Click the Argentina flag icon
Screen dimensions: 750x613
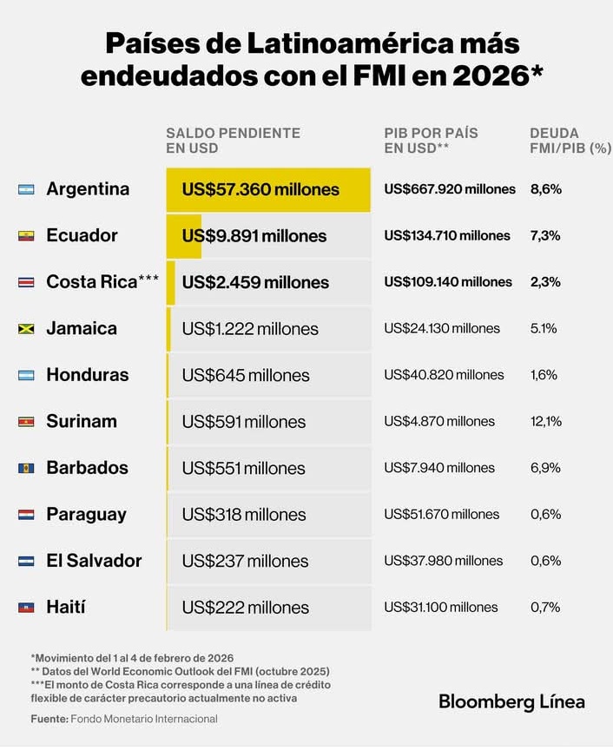pyautogui.click(x=26, y=189)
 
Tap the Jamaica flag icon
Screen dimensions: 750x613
pyautogui.click(x=26, y=329)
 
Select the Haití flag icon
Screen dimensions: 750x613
pyautogui.click(x=26, y=608)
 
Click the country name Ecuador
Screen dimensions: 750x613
pyautogui.click(x=82, y=235)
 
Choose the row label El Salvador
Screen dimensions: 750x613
pyautogui.click(x=94, y=561)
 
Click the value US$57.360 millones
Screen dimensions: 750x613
pyautogui.click(x=260, y=189)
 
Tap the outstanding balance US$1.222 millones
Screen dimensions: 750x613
pyautogui.click(x=250, y=329)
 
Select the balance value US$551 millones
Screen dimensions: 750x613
pyautogui.click(x=243, y=468)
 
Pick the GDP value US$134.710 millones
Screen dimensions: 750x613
pyautogui.click(x=447, y=235)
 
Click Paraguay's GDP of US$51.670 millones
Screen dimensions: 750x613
pyautogui.click(x=443, y=515)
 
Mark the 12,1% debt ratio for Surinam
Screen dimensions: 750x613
pyautogui.click(x=546, y=422)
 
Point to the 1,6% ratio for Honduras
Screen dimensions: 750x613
pyautogui.click(x=545, y=375)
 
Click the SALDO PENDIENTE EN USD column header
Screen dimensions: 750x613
pyautogui.click(x=233, y=141)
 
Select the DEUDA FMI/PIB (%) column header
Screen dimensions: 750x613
pyautogui.click(x=570, y=141)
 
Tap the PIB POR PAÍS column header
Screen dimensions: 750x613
pyautogui.click(x=431, y=141)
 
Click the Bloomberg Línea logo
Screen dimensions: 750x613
pyautogui.click(x=511, y=701)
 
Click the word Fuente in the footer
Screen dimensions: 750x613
pyautogui.click(x=48, y=719)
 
